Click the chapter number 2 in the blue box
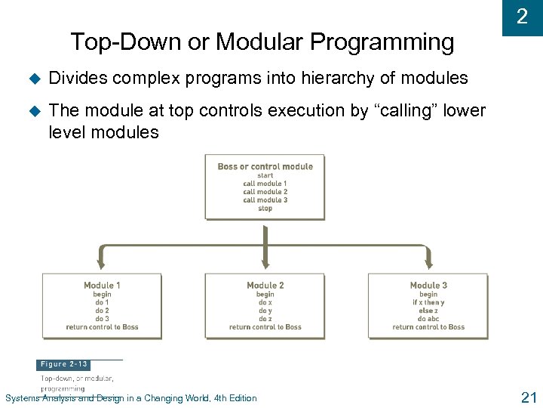click(521, 17)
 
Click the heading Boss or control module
click(265, 166)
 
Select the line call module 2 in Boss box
click(265, 192)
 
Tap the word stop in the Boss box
click(265, 209)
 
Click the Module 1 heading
click(102, 286)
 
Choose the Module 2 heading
click(265, 286)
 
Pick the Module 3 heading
click(428, 286)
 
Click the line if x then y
click(428, 302)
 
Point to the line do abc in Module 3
click(428, 319)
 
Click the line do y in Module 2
click(265, 311)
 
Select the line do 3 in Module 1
click(102, 319)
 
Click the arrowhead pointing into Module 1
click(101, 264)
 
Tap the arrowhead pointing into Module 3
click(428, 264)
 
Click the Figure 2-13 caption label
click(64, 364)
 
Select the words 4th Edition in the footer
click(235, 398)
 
